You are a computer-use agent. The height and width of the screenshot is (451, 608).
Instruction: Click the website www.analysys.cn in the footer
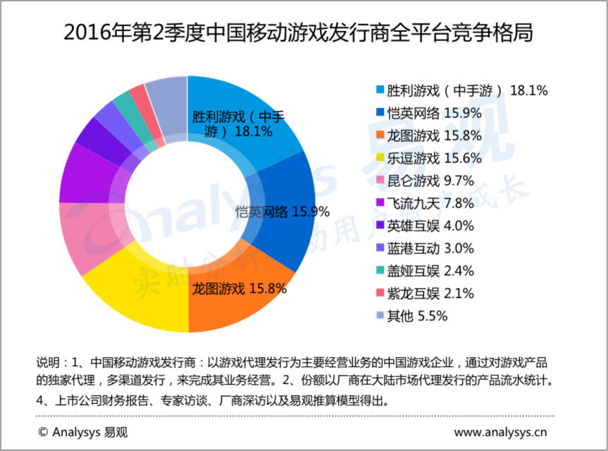[502, 432]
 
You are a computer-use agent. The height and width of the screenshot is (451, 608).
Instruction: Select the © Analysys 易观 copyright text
[83, 432]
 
